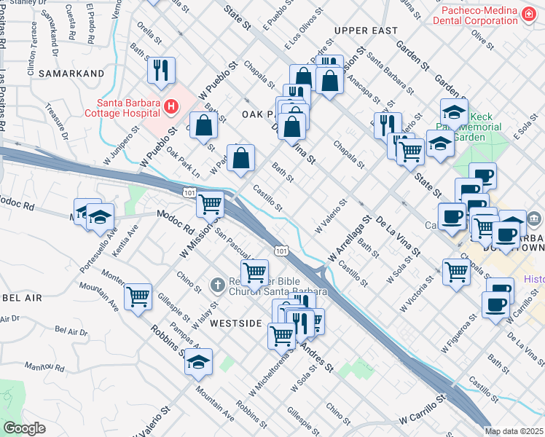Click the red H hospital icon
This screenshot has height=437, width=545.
pyautogui.click(x=170, y=107)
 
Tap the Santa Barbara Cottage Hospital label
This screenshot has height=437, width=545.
pyautogui.click(x=122, y=107)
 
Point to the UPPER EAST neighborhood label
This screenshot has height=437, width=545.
pyautogui.click(x=366, y=31)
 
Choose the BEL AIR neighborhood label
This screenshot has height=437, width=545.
pyautogui.click(x=16, y=299)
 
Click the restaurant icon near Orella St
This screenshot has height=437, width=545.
pyautogui.click(x=160, y=70)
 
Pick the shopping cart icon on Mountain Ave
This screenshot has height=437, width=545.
pyautogui.click(x=138, y=296)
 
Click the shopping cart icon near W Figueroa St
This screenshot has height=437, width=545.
pyautogui.click(x=456, y=272)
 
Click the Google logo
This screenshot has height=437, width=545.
pyautogui.click(x=24, y=428)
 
